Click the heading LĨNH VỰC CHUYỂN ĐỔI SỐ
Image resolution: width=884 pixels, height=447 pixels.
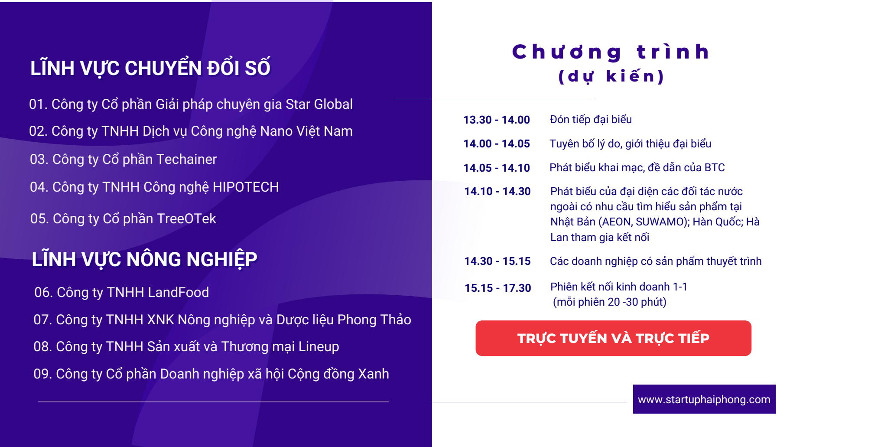150,68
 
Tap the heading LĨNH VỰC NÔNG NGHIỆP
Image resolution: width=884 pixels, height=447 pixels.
144,259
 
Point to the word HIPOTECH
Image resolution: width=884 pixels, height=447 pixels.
246,187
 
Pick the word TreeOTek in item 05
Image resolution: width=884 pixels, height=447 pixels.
186,219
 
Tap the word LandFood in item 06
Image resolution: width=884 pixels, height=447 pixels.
179,292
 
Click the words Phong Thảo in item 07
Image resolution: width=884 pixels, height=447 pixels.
374,320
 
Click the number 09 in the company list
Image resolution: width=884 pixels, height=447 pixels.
42,374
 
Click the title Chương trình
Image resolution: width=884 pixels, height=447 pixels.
611,52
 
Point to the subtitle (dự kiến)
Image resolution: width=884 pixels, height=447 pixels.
611,76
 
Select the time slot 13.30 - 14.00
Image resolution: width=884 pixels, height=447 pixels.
497,120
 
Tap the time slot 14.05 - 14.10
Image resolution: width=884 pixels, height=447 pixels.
497,168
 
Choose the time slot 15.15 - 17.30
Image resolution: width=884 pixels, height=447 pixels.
498,288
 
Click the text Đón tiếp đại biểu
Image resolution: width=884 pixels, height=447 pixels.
591,119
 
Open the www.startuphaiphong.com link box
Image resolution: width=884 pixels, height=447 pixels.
704,399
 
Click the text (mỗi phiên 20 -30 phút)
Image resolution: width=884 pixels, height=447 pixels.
610,302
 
